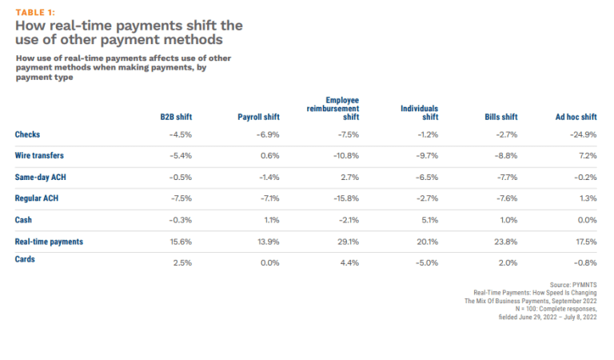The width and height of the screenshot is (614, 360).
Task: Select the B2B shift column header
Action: click(176, 117)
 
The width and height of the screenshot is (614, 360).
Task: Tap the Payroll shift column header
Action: click(258, 117)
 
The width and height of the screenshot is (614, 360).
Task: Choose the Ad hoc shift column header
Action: click(576, 117)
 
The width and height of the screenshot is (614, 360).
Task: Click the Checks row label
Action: click(27, 134)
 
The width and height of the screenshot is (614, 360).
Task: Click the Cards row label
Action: click(26, 259)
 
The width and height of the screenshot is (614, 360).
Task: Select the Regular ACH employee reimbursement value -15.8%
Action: click(345, 198)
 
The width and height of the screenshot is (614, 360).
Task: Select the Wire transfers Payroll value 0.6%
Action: click(269, 154)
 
